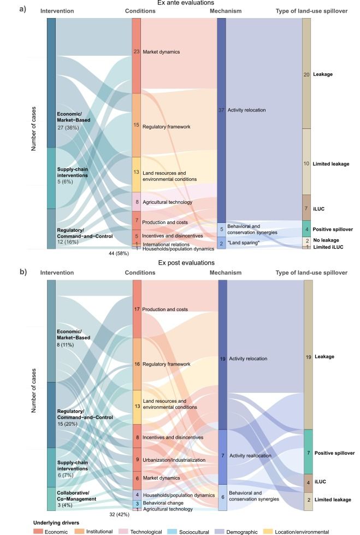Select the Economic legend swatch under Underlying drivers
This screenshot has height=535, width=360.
tap(37, 531)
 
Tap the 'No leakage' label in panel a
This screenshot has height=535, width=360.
tap(327, 240)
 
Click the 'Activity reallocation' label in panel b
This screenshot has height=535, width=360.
tap(247, 455)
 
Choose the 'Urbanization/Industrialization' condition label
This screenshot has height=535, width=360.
tap(174, 460)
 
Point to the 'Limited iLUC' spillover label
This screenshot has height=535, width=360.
tap(329, 247)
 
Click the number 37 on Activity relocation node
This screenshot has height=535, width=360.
tap(221, 110)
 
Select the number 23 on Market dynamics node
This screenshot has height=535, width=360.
tap(136, 52)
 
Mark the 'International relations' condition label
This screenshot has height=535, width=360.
tap(166, 244)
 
